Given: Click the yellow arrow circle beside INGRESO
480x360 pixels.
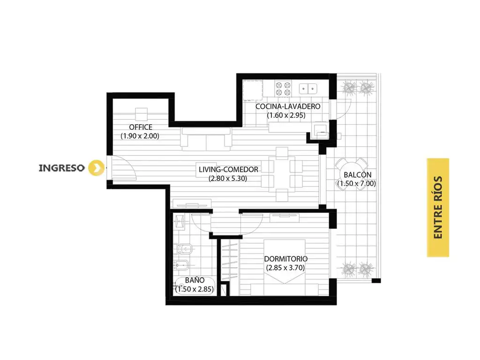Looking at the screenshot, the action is pyautogui.click(x=96, y=168).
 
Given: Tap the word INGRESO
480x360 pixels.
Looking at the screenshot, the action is pyautogui.click(x=61, y=168).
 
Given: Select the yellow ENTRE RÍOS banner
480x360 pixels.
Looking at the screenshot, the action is pyautogui.click(x=438, y=207).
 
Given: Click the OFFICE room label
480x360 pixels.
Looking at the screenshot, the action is pyautogui.click(x=141, y=127).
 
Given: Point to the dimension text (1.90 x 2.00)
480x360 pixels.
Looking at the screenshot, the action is pyautogui.click(x=140, y=136).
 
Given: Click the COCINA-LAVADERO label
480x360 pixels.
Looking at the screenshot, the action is pyautogui.click(x=288, y=106).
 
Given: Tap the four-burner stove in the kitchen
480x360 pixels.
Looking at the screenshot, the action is pyautogui.click(x=283, y=89).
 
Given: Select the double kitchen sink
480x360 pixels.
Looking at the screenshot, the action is pyautogui.click(x=308, y=89).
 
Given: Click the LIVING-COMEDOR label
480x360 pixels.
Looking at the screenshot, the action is pyautogui.click(x=228, y=169).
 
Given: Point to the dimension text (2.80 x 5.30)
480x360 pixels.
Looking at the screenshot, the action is pyautogui.click(x=228, y=178).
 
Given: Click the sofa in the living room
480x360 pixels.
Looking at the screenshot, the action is pyautogui.click(x=206, y=139).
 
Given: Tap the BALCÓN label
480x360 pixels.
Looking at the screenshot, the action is pyautogui.click(x=358, y=174).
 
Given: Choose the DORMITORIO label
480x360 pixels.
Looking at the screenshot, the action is pyautogui.click(x=286, y=259).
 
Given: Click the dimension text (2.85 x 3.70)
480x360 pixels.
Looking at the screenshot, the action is pyautogui.click(x=285, y=268).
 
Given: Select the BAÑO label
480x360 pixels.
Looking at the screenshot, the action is pyautogui.click(x=195, y=280).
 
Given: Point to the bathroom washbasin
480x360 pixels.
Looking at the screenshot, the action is pyautogui.click(x=179, y=222).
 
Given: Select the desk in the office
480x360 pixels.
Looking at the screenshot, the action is pyautogui.click(x=142, y=114).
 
